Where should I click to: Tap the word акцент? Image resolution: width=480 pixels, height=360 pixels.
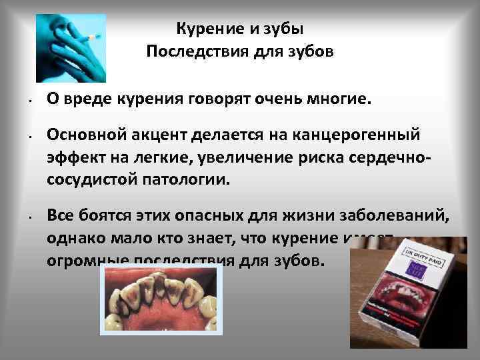157,136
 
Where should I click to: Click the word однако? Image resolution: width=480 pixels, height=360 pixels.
72,238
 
